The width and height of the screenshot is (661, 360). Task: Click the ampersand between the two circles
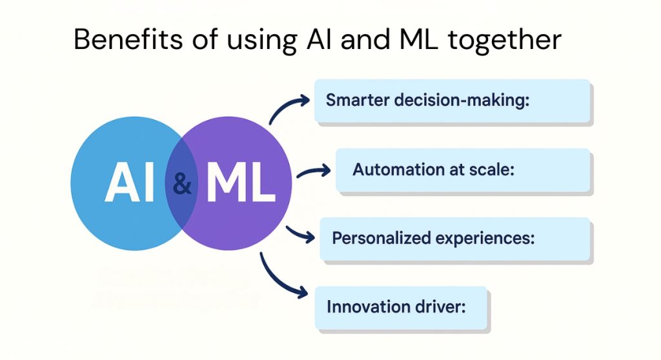[183, 185]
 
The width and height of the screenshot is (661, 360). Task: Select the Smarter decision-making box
[452, 101]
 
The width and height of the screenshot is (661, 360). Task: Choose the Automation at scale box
[462, 170]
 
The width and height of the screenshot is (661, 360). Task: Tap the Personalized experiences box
[454, 238]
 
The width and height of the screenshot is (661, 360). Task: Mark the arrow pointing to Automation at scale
[313, 173]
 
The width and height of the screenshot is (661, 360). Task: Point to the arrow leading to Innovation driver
[280, 277]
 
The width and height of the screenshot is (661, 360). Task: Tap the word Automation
[391, 170]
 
